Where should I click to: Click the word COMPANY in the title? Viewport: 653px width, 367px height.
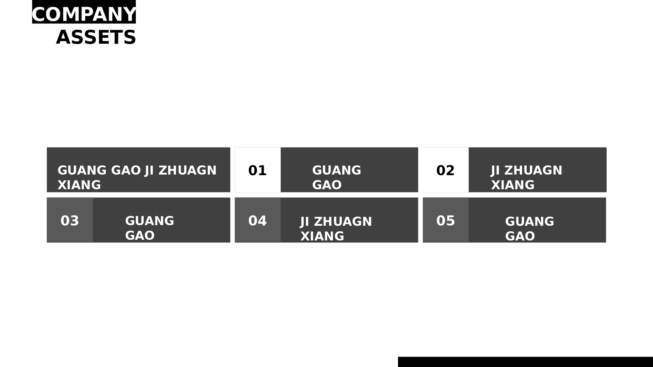tap(84, 15)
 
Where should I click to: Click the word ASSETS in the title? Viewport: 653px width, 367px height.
tap(96, 37)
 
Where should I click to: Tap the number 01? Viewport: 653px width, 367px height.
tap(257, 171)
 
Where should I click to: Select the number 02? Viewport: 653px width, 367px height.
tap(445, 171)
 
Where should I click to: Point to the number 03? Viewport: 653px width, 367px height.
tap(70, 221)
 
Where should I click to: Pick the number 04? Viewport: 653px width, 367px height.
tap(257, 221)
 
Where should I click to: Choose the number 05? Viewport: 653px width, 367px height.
tap(445, 221)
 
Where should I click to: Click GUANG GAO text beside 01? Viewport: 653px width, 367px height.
tap(336, 177)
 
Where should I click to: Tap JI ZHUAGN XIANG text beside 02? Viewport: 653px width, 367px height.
tap(526, 177)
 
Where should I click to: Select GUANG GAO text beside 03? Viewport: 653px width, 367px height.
tap(149, 228)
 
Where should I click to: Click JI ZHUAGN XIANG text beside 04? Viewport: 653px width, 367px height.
tap(336, 229)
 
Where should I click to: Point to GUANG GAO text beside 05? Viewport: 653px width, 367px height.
tap(529, 229)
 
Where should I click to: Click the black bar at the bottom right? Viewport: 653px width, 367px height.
tap(525, 362)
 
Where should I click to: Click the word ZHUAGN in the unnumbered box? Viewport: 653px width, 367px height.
tap(187, 171)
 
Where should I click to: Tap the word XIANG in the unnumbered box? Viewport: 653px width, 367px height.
tap(79, 185)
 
